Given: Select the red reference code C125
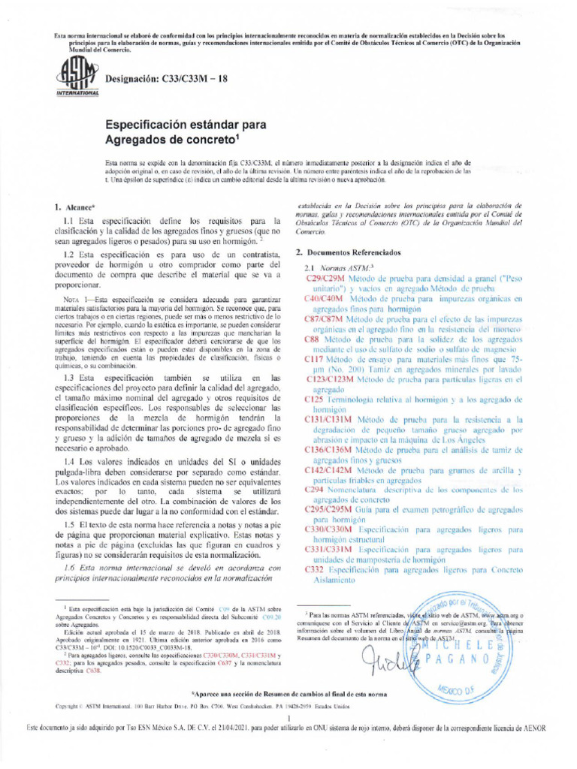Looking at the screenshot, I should coord(313,400).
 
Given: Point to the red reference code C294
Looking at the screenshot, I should coord(313,489).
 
